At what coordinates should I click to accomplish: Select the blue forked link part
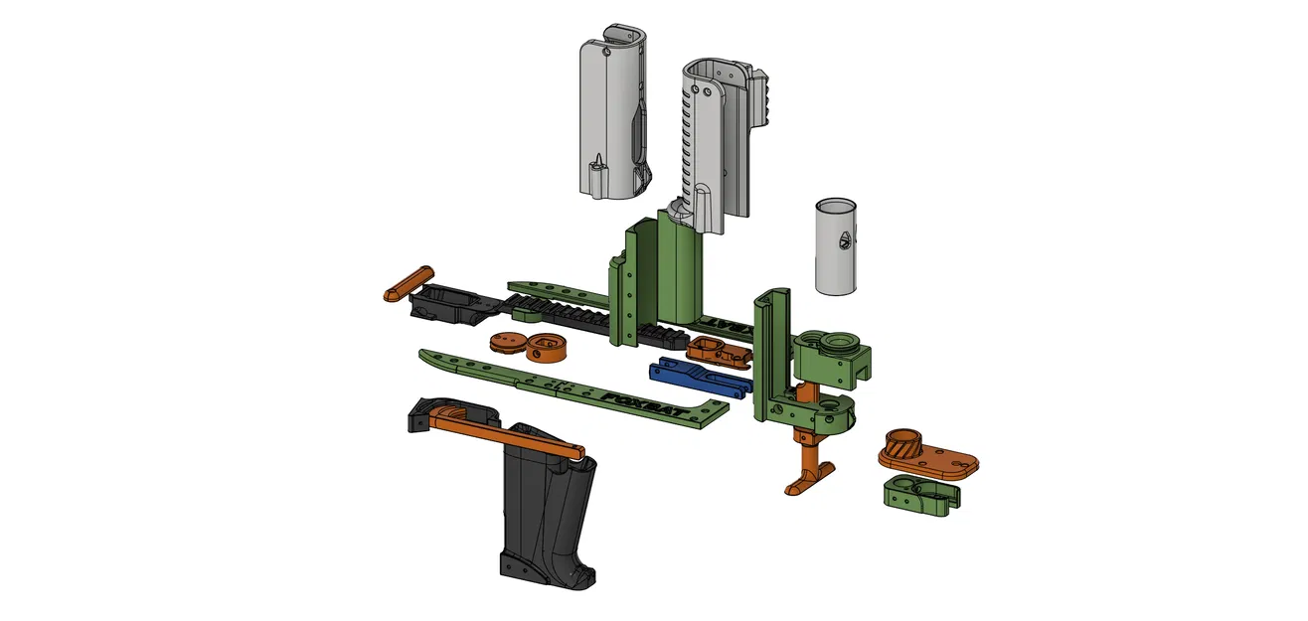pyautogui.click(x=696, y=376)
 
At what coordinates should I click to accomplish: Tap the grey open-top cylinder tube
pyautogui.click(x=835, y=246)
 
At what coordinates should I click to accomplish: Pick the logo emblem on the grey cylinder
pyautogui.click(x=845, y=238)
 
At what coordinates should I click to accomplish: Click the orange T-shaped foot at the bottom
pyautogui.click(x=812, y=475)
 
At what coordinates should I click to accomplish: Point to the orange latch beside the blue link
pyautogui.click(x=716, y=351)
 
